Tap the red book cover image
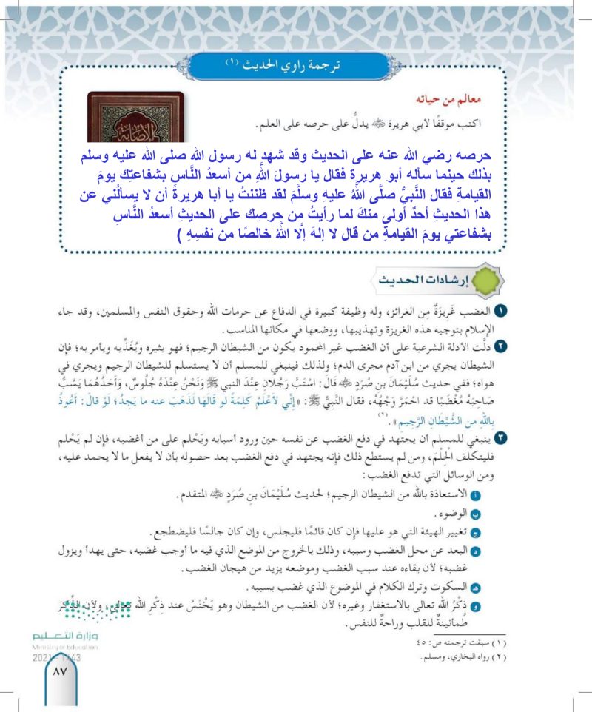136,116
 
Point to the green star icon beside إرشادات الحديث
483,283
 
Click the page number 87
57,672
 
